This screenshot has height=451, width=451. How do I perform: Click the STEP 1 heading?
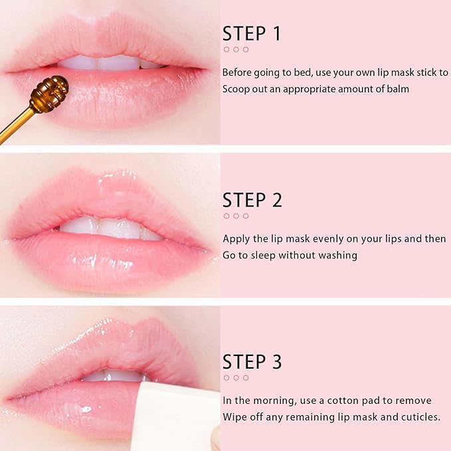[252, 34]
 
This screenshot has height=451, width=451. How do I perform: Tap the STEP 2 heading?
[252, 200]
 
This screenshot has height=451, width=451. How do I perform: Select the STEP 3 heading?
[252, 362]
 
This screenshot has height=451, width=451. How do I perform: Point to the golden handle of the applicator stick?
[17, 126]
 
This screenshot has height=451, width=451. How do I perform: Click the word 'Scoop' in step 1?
[236, 88]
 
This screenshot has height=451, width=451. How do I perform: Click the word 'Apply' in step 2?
[236, 238]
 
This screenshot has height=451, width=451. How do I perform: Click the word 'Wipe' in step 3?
[234, 416]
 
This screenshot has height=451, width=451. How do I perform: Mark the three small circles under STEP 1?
[236, 49]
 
